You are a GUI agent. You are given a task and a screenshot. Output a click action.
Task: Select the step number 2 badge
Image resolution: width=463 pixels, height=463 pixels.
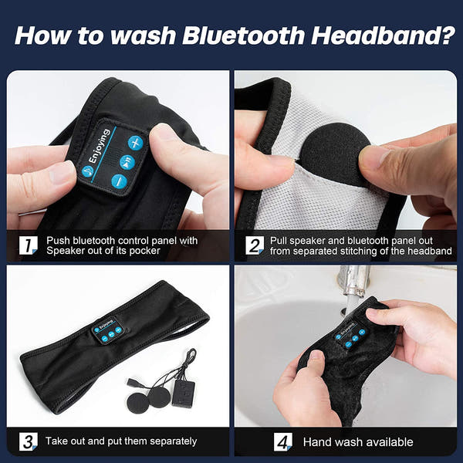[x=255, y=246]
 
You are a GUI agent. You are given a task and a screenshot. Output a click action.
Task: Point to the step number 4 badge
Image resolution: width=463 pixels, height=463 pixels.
[x=283, y=441]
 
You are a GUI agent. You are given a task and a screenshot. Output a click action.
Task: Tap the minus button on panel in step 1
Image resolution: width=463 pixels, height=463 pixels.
[x=118, y=181]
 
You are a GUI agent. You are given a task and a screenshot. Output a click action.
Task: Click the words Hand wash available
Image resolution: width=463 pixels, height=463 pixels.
[x=357, y=442]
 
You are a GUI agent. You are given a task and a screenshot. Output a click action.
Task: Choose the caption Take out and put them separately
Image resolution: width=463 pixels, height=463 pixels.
[x=121, y=441]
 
